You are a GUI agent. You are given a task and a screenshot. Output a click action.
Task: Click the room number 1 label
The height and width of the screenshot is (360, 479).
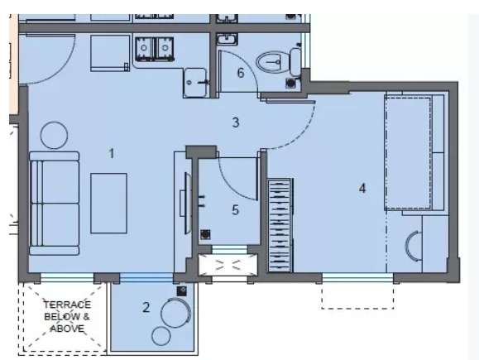[113, 151]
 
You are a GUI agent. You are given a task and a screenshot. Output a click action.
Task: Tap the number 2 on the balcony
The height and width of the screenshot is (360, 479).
[146, 308]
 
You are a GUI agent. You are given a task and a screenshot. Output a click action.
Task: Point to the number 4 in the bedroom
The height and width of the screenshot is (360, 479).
[362, 188]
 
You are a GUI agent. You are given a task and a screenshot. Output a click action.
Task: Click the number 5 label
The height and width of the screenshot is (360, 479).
[235, 210]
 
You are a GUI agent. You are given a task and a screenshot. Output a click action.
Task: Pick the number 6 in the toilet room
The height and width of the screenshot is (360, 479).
[240, 73]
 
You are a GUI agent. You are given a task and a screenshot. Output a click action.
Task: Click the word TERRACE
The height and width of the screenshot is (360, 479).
[60, 305]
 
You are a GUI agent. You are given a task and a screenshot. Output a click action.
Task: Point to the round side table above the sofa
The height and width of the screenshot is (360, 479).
[55, 133]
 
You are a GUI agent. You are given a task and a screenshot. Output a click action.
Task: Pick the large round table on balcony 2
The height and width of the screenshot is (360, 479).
[175, 313]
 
